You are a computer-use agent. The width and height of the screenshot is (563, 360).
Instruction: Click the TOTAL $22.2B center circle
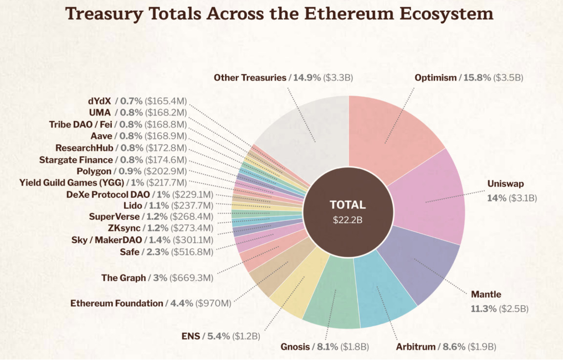(348, 212)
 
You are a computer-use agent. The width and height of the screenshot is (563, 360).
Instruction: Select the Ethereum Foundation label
(117, 303)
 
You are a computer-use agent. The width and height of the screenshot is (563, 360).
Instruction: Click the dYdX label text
(100, 101)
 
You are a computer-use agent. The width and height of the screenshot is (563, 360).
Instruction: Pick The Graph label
(124, 278)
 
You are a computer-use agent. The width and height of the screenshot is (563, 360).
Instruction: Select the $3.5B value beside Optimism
(508, 77)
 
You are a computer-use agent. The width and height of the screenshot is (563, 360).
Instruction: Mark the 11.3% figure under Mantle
(484, 309)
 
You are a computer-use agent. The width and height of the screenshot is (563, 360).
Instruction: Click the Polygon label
(94, 171)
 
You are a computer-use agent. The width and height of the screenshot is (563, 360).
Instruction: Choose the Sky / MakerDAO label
(107, 240)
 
